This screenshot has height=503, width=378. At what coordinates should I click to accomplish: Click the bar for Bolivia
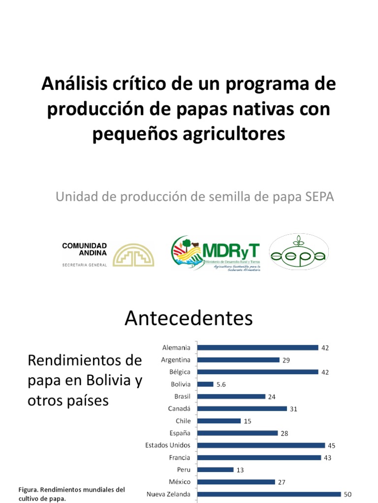pyautogui.click(x=206, y=384)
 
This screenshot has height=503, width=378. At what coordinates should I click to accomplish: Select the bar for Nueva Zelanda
pyautogui.click(x=269, y=494)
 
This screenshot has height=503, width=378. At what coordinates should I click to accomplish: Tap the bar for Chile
pyautogui.click(x=219, y=421)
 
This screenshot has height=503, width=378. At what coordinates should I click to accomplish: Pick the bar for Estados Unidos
pyautogui.click(x=261, y=446)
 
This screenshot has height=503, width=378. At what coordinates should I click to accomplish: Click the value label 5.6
pyautogui.click(x=221, y=384)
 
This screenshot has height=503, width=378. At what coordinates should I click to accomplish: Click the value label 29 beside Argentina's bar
pyautogui.click(x=286, y=360)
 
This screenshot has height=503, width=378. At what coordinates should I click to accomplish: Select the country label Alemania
pyautogui.click(x=176, y=348)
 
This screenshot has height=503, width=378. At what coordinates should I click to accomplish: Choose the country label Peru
pyautogui.click(x=183, y=470)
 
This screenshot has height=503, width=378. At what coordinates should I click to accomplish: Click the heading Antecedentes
pyautogui.click(x=189, y=318)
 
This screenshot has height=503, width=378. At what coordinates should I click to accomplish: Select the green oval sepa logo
pyautogui.click(x=299, y=252)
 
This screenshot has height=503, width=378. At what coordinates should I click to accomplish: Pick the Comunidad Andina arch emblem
pyautogui.click(x=134, y=254)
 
